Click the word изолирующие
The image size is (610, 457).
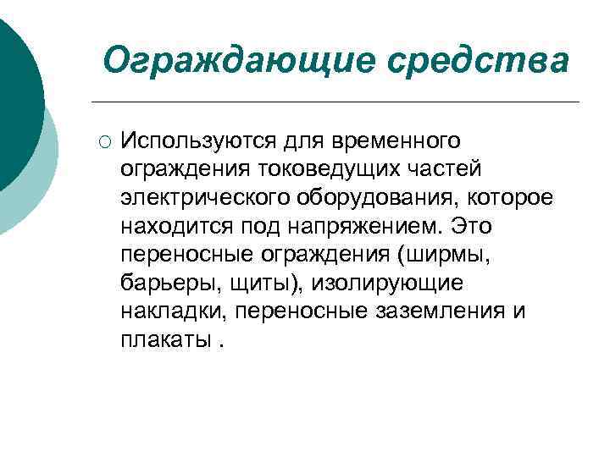[383, 284]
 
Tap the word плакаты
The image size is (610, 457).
[164, 341]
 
